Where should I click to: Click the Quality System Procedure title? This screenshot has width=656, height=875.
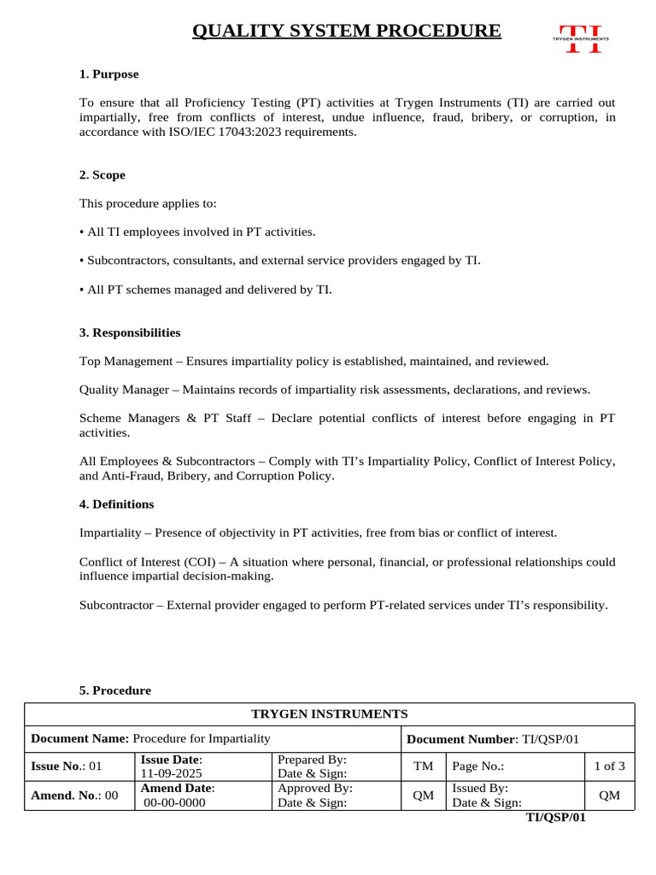346,32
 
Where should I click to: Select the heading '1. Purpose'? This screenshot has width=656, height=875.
108,74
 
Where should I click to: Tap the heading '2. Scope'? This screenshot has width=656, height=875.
102,175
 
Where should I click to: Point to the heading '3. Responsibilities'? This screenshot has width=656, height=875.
129,332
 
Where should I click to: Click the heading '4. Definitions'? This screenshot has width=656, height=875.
116,504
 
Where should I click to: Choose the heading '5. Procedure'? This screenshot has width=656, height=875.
114,690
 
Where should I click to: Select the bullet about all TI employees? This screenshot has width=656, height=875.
197,232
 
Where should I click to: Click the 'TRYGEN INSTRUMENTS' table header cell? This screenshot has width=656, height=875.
329,714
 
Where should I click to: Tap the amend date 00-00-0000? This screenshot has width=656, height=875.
175,803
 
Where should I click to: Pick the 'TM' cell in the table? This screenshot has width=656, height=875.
423,766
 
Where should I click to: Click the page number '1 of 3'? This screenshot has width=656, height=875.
609,766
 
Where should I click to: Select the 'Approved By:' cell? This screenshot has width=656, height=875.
315,789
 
